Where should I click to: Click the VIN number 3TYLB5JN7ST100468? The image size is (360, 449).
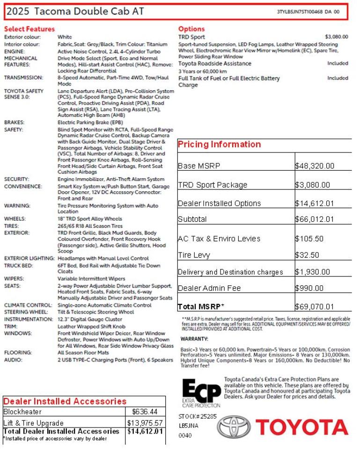click(300, 12)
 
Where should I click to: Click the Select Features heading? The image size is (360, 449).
click(29, 29)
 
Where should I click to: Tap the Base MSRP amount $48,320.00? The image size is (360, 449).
click(315, 166)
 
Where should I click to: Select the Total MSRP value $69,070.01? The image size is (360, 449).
click(315, 307)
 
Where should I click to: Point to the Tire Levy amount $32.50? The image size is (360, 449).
click(307, 255)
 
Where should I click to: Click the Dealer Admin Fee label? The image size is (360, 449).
click(209, 289)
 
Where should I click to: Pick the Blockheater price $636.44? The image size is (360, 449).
click(145, 412)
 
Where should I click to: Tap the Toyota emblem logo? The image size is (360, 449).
click(234, 427)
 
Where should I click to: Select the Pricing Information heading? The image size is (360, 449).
click(219, 145)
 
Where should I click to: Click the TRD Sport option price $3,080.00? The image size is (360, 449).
click(336, 36)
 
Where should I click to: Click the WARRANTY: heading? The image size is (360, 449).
click(194, 339)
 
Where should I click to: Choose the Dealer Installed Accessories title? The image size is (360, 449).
click(65, 401)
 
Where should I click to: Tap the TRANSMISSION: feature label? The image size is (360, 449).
click(23, 78)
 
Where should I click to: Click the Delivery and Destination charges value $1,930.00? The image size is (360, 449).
click(313, 272)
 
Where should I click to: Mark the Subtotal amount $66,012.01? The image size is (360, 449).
click(315, 219)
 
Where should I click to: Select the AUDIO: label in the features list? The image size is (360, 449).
click(13, 360)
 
